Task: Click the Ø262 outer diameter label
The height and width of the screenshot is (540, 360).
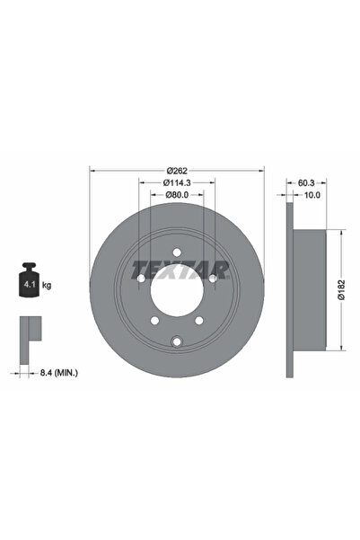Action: [176, 171]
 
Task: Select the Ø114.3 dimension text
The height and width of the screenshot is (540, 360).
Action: [176, 185]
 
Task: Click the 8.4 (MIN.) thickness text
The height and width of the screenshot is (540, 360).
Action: [60, 369]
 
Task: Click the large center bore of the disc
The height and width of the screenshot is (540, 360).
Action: [176, 290]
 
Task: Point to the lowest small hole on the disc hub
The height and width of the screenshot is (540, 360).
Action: [176, 339]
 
